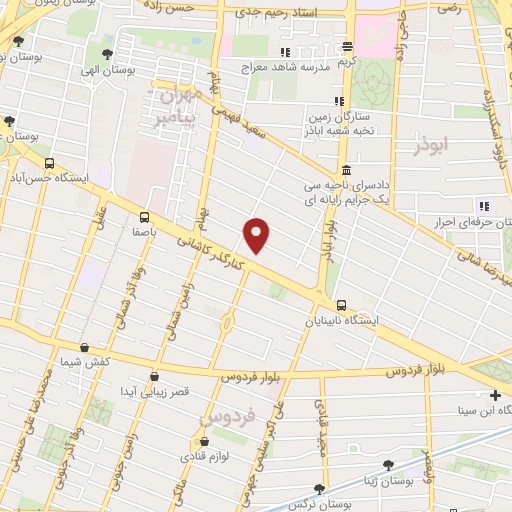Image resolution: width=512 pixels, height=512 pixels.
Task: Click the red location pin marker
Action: [257, 235]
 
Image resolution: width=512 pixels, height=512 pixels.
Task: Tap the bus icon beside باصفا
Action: [146, 216]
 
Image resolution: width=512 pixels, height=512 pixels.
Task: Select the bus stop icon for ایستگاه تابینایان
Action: [341, 305]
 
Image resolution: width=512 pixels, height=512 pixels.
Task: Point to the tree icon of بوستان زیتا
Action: [387, 465]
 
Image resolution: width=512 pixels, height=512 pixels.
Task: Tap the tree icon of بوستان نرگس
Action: [319, 489]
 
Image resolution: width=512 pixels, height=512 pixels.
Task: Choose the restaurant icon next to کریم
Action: [348, 47]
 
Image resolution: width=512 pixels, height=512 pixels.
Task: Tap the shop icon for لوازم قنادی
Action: [205, 442]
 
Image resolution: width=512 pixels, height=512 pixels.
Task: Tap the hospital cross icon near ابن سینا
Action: [496, 396]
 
